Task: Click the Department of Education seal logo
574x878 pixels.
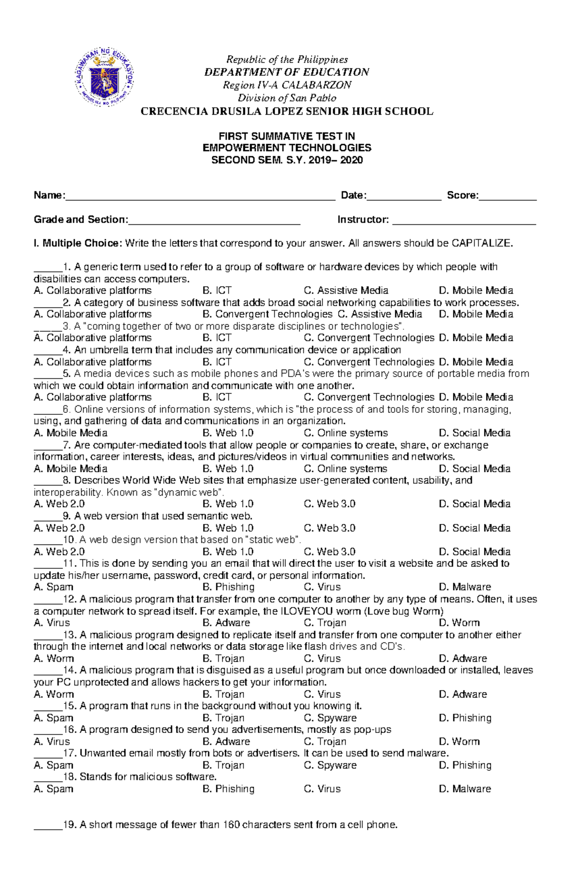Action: coord(104,77)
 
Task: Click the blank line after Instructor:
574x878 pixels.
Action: coord(464,221)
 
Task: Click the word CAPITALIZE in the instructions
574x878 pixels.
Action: coord(481,243)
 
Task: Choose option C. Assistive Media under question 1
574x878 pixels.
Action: coord(346,290)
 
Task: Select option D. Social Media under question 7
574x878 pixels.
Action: coord(475,469)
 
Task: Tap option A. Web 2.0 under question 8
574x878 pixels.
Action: coord(59,504)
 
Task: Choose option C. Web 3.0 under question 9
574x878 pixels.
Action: coord(330,528)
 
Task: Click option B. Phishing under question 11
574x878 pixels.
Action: coord(228,587)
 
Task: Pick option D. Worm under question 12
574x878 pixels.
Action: coord(459,623)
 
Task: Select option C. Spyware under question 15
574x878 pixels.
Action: coord(330,718)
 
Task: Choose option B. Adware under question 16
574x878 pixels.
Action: coord(226,742)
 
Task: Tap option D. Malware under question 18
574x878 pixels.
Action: coord(465,789)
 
